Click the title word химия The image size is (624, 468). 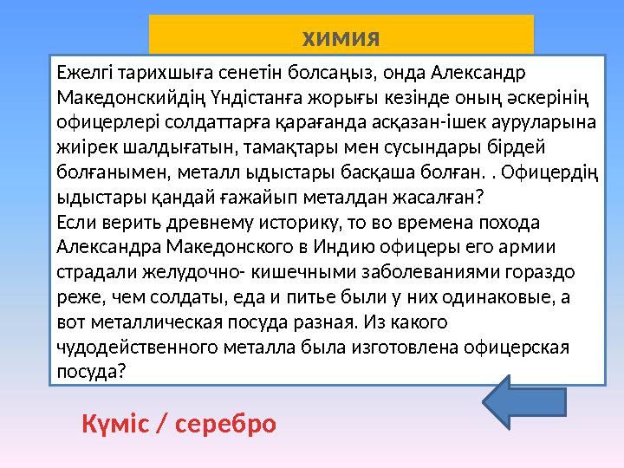click(341, 39)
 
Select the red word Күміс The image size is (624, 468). click(121, 425)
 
